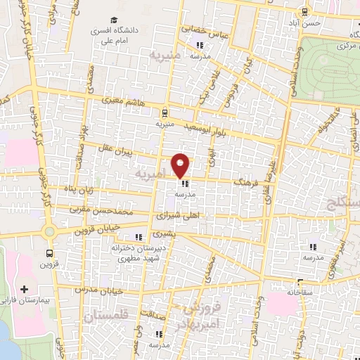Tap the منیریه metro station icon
tap(165, 112)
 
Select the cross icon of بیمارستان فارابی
tap(25, 289)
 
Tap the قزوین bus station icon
tap(49, 254)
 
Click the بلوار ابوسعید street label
tap(208, 127)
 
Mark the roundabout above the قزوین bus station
tap(49, 231)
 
